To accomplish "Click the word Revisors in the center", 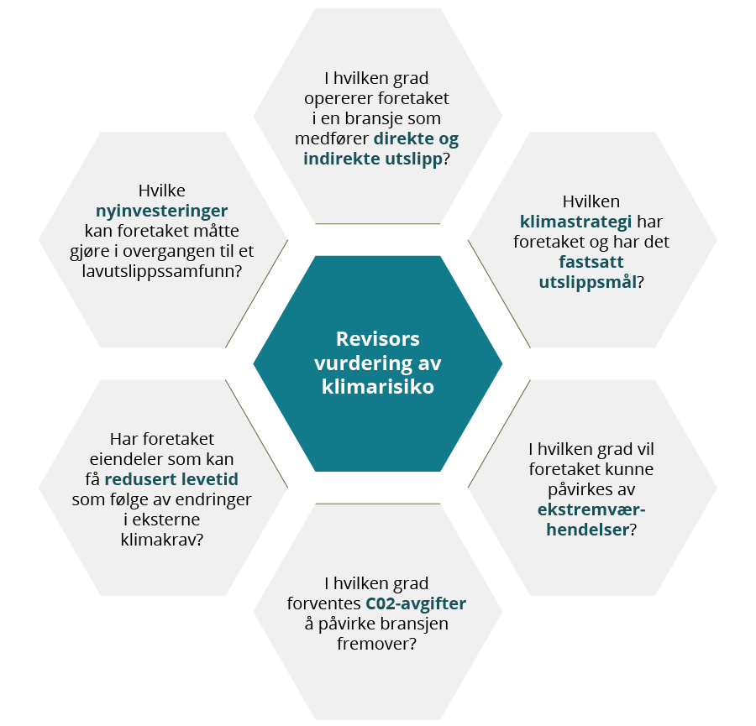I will click(x=377, y=339).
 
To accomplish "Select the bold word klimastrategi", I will click(x=576, y=222).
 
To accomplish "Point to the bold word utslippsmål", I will click(x=587, y=281).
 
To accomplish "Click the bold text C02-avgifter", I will click(x=415, y=603).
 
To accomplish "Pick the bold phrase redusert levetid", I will click(x=183, y=479).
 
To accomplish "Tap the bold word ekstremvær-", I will click(x=591, y=510).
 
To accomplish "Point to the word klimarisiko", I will click(x=377, y=388).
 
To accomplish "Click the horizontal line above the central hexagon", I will click(x=377, y=224).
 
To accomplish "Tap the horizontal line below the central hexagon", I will click(x=377, y=504).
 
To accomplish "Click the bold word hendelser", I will click(x=586, y=530).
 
